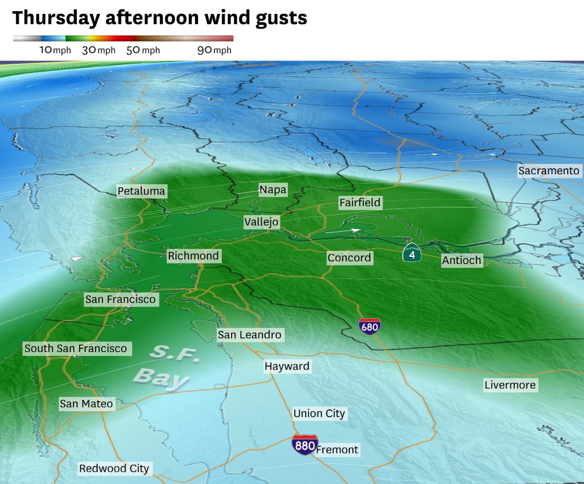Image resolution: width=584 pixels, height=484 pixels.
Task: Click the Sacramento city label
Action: pyautogui.click(x=549, y=171)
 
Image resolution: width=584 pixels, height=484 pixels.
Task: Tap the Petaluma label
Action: pyautogui.click(x=141, y=191)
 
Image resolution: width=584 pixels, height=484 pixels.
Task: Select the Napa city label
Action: pyautogui.click(x=273, y=189)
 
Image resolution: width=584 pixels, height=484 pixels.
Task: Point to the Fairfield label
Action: pyautogui.click(x=359, y=202)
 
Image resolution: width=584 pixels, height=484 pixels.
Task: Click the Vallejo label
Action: pyautogui.click(x=261, y=222)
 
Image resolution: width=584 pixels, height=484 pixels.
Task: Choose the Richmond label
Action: pyautogui.click(x=193, y=256)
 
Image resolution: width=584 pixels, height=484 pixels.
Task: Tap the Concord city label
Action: pyautogui.click(x=349, y=258)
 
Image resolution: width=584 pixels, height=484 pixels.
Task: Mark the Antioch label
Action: pyautogui.click(x=461, y=260)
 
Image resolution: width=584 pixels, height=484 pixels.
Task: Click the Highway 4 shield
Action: pyautogui.click(x=411, y=254)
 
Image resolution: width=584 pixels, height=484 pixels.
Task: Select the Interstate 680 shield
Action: pyautogui.click(x=370, y=326)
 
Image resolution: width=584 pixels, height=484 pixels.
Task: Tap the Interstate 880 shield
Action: pyautogui.click(x=305, y=445)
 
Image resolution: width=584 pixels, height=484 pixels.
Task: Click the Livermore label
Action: pyautogui.click(x=510, y=385)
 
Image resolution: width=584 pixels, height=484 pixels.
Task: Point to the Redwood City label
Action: pyautogui.click(x=114, y=469)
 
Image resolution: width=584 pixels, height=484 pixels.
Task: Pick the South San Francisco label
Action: pyautogui.click(x=75, y=348)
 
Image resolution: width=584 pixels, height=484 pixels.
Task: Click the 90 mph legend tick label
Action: pyautogui.click(x=214, y=50)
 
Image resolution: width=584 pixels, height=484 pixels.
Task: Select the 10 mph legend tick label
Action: pyautogui.click(x=55, y=50)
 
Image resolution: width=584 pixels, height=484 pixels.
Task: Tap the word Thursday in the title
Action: pyautogui.click(x=56, y=18)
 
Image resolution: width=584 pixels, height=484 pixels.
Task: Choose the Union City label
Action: pyautogui.click(x=319, y=414)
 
